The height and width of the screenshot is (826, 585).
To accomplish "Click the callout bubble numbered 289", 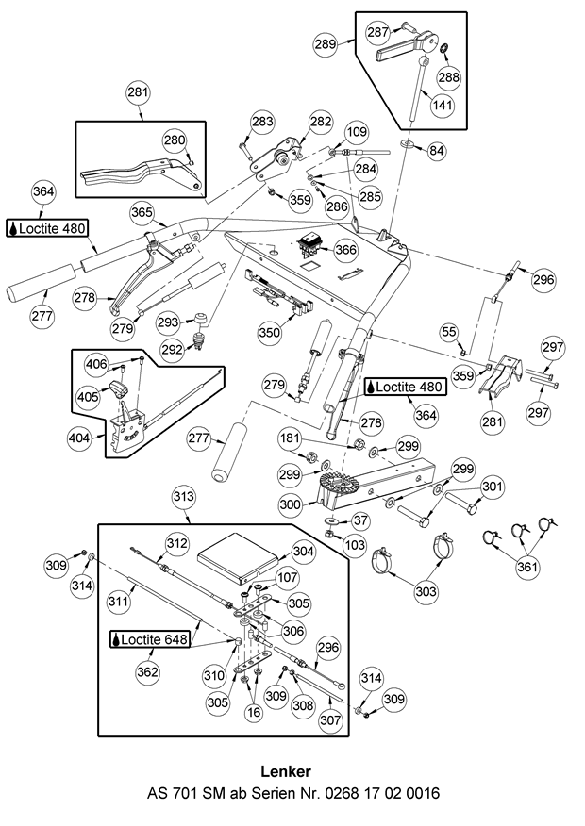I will pyautogui.click(x=326, y=44).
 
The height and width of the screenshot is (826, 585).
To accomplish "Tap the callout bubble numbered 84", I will pyautogui.click(x=436, y=150).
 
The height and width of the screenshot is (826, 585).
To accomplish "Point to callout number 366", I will pyautogui.click(x=345, y=250).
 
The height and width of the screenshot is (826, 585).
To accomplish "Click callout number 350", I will pyautogui.click(x=270, y=332).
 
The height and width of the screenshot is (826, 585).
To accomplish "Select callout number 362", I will pyautogui.click(x=147, y=671).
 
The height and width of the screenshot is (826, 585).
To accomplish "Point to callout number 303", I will pyautogui.click(x=426, y=592).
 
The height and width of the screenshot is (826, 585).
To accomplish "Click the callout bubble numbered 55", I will pyautogui.click(x=449, y=332).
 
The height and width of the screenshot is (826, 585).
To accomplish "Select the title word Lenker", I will pyautogui.click(x=292, y=772).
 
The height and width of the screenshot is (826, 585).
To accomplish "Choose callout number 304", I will pyautogui.click(x=302, y=551).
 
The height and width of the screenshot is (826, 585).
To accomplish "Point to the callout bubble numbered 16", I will pyautogui.click(x=253, y=714).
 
